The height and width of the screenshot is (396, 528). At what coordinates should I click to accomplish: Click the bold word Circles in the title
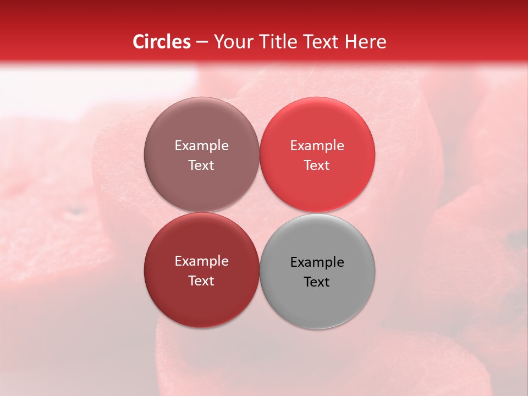[x=162, y=42]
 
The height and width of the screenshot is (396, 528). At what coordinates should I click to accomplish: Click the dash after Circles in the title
[x=202, y=42]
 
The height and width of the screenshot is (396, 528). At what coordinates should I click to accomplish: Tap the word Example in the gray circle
[x=317, y=262]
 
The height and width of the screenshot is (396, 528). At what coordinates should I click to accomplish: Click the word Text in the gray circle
[x=317, y=282]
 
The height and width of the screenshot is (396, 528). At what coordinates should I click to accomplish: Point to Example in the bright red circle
[x=317, y=146]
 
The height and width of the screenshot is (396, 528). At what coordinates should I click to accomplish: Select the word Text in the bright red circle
[x=317, y=166]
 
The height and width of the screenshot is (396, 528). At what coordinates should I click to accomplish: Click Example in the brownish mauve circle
[x=201, y=146]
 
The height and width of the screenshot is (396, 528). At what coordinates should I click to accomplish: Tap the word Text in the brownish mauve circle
[x=201, y=166]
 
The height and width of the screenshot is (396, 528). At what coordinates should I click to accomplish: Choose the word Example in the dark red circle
[x=201, y=261]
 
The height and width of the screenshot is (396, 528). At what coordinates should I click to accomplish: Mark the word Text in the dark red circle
[x=201, y=281]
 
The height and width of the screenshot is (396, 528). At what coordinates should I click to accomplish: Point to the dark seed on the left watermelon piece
[x=78, y=210]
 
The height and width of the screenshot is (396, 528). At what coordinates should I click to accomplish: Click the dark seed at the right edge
[x=516, y=238]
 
